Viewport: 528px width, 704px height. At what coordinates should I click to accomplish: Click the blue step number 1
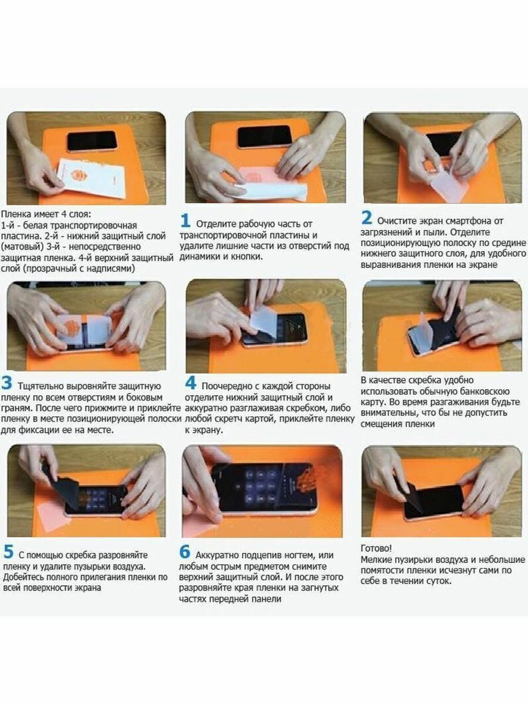tap(185, 221)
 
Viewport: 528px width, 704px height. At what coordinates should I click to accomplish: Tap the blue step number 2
tap(366, 218)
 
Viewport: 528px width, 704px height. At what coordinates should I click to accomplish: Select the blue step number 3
tap(7, 383)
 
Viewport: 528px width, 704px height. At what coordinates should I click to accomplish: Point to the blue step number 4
tap(191, 383)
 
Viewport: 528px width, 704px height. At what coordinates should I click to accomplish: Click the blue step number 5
tap(8, 552)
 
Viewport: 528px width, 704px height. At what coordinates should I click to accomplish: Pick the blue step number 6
tap(185, 552)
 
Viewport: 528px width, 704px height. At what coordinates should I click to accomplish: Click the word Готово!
tap(376, 548)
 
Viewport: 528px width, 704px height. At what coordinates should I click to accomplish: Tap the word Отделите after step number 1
tap(217, 224)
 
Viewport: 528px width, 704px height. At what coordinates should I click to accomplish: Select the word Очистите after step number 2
tap(396, 221)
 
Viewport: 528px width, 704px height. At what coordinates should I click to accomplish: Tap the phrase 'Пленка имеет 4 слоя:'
tap(45, 214)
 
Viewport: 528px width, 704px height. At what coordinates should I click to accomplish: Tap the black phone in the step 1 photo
tap(264, 137)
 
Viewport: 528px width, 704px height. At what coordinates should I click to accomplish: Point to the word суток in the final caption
tap(437, 581)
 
